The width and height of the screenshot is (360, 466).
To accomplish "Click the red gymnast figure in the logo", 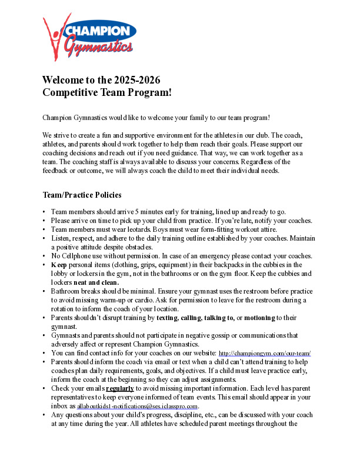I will tap(54, 35).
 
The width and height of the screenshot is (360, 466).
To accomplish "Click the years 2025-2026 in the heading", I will tap(132, 80).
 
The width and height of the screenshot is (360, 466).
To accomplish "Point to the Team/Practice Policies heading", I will tap(82, 195).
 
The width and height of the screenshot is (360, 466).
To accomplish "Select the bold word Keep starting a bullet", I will tap(59, 265).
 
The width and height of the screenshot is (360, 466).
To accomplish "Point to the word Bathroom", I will tap(66, 291).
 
